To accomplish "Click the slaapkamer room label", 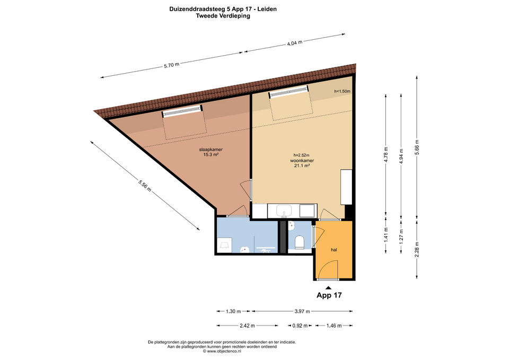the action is [210, 150].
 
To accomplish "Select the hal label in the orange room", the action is [334, 250].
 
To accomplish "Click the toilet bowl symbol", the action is [299, 242].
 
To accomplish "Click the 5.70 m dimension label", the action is [171, 65].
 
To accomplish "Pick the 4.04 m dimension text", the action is [294, 42].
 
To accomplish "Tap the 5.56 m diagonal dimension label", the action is [145, 186].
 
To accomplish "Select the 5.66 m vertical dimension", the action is [417, 147].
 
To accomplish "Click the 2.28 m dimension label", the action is [417, 249].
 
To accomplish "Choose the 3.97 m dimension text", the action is [302, 311].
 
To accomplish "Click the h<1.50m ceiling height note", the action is [342, 91].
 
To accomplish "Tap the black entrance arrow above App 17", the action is [329, 287].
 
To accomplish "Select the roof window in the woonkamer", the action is [288, 92].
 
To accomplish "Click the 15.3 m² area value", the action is [210, 155].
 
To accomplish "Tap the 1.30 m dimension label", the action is [233, 311].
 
